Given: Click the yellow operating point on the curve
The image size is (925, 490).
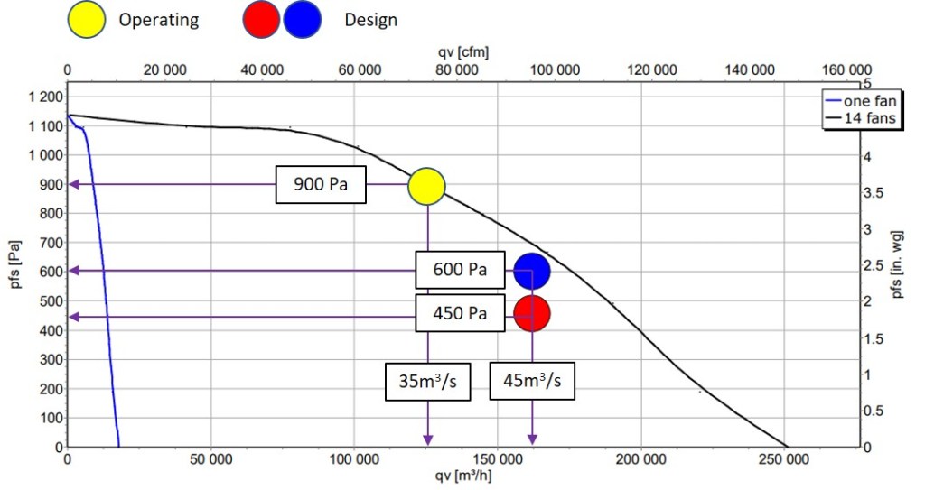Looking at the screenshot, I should click(x=426, y=185).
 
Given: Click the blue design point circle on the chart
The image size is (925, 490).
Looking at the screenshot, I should click(x=532, y=270).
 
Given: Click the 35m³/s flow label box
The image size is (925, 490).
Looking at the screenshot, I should click(x=427, y=380).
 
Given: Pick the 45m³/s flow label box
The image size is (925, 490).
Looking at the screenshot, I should click(x=532, y=380).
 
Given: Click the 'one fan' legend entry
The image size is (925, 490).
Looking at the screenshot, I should click(x=864, y=102).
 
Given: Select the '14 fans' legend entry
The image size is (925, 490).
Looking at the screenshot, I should click(x=864, y=116).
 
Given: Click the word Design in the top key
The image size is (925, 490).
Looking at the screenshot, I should click(x=370, y=20).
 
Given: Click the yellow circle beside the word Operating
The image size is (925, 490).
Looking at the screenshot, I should click(x=88, y=20).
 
